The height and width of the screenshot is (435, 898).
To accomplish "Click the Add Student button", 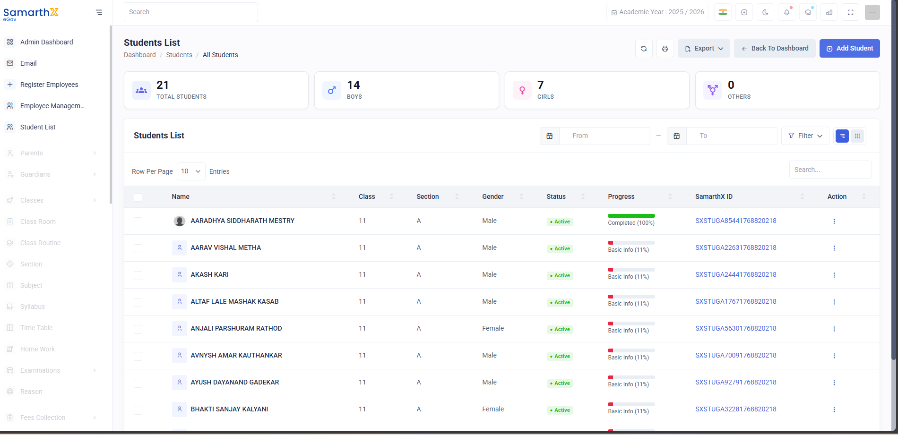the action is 849,49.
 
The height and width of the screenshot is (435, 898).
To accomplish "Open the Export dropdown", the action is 704,49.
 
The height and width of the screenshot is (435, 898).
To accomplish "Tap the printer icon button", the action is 665,49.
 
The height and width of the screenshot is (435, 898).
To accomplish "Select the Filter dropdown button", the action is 805,136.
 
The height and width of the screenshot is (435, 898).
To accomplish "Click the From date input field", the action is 604,136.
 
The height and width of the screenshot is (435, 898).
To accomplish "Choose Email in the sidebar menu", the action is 28,63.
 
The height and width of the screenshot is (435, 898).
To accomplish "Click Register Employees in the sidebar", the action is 49,85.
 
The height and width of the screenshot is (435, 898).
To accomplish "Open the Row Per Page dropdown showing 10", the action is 191,171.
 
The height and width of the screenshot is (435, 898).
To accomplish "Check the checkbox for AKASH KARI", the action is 138,275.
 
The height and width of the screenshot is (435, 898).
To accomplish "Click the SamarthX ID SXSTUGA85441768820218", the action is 735,221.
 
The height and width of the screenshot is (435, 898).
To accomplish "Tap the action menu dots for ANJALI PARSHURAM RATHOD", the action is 834,329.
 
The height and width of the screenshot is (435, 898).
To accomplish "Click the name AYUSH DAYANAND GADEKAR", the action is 235,382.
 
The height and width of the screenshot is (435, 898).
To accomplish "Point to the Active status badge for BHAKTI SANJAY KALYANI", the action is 560,410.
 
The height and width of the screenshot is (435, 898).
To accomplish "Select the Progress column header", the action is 621,196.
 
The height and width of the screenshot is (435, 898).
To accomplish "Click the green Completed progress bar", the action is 631,216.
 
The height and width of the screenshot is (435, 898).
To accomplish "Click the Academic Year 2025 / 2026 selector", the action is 657,12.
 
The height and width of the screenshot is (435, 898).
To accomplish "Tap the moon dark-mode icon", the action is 765,12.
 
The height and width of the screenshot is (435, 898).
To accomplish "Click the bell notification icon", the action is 786,12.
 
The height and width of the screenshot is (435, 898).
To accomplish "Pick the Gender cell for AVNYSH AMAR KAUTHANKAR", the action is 489,355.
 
